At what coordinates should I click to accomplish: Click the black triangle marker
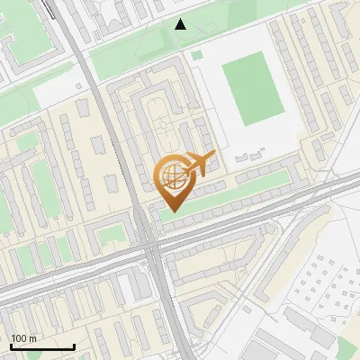point(181,24)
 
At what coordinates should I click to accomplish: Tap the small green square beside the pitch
point(196,56)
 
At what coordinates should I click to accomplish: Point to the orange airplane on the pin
point(201,163)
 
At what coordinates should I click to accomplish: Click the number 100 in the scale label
point(20,338)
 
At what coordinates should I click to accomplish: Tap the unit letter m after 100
point(32,338)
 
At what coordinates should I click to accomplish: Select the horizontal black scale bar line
point(42,347)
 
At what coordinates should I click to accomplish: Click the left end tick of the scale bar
point(11,346)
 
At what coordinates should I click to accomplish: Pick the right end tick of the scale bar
point(74,346)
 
